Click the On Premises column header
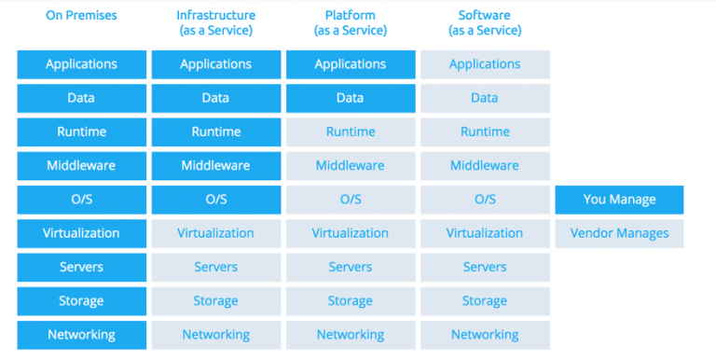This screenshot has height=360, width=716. point(81,15)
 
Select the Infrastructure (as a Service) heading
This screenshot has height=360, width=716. point(215,22)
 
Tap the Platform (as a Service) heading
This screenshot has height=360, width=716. point(350,22)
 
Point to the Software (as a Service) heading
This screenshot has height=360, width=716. point(485,22)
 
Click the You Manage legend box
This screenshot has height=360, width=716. point(619,200)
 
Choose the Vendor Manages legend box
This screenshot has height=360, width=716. point(619,233)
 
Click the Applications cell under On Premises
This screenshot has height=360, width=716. point(81,64)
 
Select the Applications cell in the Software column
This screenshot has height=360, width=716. point(485,64)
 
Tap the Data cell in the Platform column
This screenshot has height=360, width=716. point(350,98)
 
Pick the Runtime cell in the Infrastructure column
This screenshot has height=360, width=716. point(215,132)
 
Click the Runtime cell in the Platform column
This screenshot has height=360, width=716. point(350,132)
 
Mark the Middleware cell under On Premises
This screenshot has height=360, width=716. point(81,165)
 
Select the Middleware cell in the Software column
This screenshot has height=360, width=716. point(485,165)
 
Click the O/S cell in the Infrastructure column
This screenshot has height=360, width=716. point(215,200)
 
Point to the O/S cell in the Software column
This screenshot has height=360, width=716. point(485,200)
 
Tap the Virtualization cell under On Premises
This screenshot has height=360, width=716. point(81,233)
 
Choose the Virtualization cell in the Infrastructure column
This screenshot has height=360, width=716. point(215,233)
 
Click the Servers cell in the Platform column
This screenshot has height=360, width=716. point(350,267)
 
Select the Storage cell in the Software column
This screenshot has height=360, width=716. point(485,300)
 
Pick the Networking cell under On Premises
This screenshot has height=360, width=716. point(81,334)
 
